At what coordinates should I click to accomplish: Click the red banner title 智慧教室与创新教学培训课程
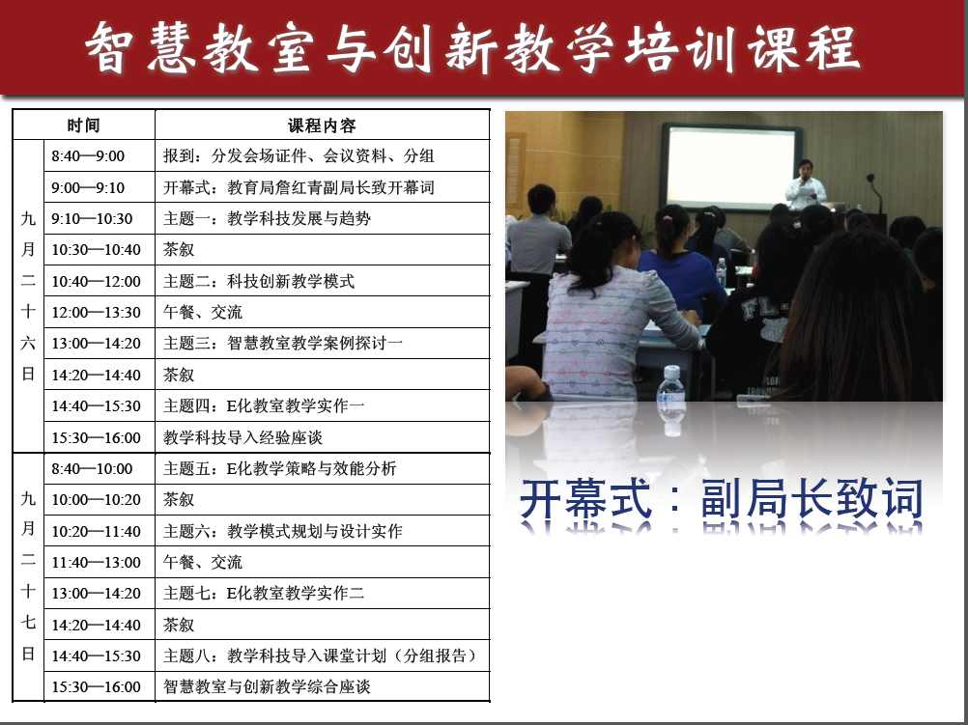[472, 48]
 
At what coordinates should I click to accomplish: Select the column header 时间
[83, 125]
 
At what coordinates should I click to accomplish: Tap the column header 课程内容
[322, 125]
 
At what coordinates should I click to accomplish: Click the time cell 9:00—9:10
[88, 187]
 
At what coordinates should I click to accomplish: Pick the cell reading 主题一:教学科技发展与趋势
[267, 218]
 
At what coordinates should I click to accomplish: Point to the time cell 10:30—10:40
[96, 250]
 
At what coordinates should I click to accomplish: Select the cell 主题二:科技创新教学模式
[259, 281]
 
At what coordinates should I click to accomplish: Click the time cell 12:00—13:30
[96, 312]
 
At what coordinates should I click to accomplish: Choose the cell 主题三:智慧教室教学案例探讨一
[283, 343]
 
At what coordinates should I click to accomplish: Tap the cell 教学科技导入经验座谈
[242, 437]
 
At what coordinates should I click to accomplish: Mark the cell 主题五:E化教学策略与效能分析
[279, 468]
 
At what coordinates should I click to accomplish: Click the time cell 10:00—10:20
[96, 500]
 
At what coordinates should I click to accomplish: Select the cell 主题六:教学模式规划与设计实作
[283, 531]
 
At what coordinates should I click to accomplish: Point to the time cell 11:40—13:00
[96, 562]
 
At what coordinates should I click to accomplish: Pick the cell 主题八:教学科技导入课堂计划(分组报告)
[320, 655]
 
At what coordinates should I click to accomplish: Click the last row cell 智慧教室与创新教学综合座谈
[267, 686]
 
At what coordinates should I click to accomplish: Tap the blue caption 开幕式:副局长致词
[722, 498]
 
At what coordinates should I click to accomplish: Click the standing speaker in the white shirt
[805, 185]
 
